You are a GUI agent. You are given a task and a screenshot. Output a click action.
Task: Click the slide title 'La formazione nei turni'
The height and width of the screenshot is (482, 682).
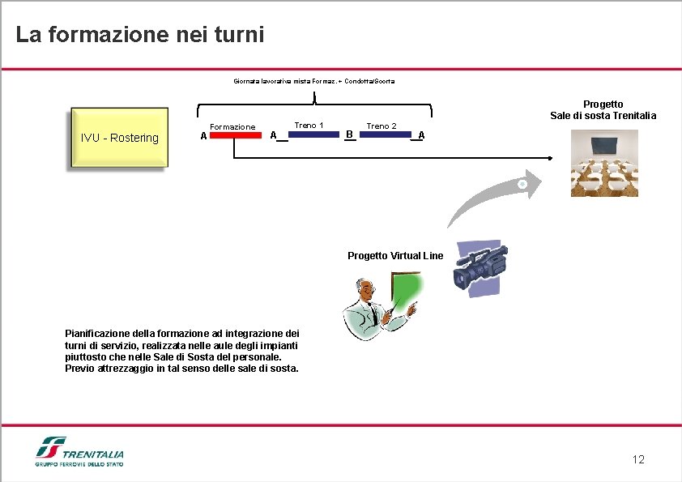pyautogui.click(x=139, y=36)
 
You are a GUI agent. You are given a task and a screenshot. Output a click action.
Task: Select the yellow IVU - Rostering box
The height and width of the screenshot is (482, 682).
pyautogui.click(x=119, y=138)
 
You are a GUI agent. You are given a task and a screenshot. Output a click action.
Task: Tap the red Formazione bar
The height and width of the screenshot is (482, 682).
pyautogui.click(x=236, y=135)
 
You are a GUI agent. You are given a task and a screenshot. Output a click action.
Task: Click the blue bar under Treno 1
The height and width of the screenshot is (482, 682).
pyautogui.click(x=314, y=134)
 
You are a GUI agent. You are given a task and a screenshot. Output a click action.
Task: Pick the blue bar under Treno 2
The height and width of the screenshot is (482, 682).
pyautogui.click(x=385, y=134)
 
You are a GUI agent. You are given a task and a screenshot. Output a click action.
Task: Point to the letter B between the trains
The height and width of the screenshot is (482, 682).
pyautogui.click(x=348, y=134)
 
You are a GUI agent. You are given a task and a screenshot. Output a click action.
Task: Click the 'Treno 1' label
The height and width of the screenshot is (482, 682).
pyautogui.click(x=309, y=125)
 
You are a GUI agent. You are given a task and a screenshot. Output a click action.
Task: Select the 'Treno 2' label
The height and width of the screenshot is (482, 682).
pyautogui.click(x=381, y=126)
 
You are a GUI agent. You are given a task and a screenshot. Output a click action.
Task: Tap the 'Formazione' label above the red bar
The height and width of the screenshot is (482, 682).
pyautogui.click(x=232, y=126)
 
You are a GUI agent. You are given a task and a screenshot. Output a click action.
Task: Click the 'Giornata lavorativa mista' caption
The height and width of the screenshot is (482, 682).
pyautogui.click(x=314, y=81)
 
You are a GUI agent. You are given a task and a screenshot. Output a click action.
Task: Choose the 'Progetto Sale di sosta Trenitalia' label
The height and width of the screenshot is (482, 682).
pyautogui.click(x=603, y=109)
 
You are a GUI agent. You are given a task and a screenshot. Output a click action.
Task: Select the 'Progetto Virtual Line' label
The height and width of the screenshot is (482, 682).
pyautogui.click(x=395, y=256)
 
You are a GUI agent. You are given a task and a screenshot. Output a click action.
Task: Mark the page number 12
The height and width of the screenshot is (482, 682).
pyautogui.click(x=638, y=460)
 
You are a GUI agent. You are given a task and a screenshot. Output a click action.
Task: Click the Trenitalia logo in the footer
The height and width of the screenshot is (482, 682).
pyautogui.click(x=79, y=452)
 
